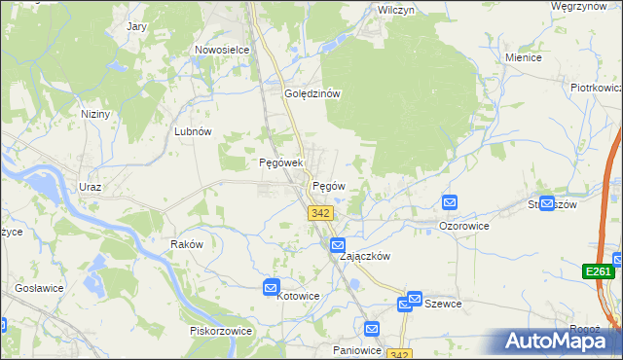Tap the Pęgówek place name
point(281,163)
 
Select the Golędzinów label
point(311,94)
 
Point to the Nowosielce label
point(222,50)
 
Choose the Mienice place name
point(523,57)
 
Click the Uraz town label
point(91,186)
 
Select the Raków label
point(186,244)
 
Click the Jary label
point(137,26)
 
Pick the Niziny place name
point(95,114)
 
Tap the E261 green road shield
point(598,272)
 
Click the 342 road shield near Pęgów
point(320,213)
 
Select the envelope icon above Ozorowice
point(450,203)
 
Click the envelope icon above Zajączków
point(338,244)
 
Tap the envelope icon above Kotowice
point(272,287)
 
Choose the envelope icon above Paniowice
point(371,329)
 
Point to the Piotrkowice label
point(596,88)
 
